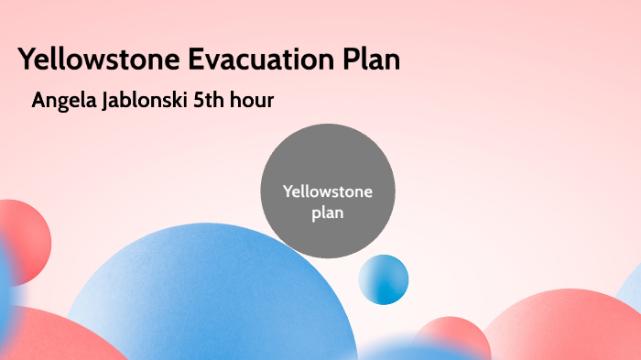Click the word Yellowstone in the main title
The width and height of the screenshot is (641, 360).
(100, 60)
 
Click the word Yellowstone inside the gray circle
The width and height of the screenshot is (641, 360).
(327, 191)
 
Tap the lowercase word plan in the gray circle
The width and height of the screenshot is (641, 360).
(327, 213)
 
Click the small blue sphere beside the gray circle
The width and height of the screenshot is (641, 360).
(383, 279)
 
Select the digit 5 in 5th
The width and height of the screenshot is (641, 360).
(200, 101)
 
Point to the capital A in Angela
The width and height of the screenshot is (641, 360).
(38, 101)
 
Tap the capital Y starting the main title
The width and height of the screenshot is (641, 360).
(27, 60)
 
